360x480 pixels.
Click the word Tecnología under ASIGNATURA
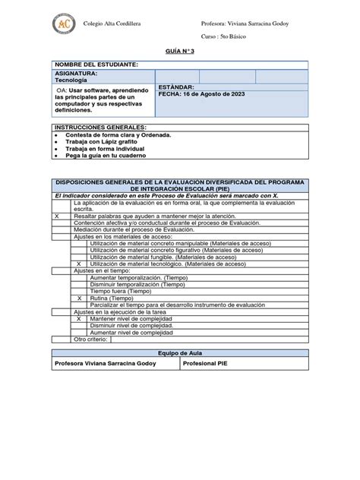(71, 80)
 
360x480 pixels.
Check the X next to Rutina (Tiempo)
(79, 298)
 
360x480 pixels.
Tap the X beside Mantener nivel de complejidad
(79, 320)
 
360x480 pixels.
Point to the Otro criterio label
(90, 339)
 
